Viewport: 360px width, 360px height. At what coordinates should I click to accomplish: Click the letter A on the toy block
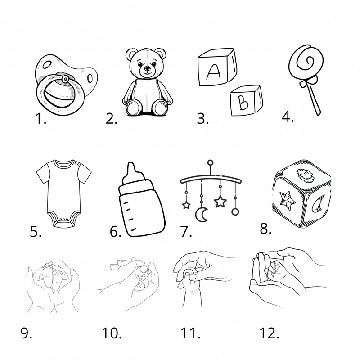213,72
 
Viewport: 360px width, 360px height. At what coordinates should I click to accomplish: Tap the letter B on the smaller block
243,103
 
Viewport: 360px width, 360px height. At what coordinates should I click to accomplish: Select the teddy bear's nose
147,68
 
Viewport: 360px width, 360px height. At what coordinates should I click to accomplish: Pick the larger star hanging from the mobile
220,201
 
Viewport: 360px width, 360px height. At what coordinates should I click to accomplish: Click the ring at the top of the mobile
210,163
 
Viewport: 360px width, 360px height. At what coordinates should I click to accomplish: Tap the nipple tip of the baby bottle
130,164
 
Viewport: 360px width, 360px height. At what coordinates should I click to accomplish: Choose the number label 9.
26,333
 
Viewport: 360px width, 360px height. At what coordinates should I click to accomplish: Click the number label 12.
269,333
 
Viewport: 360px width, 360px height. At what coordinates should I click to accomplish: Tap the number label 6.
116,231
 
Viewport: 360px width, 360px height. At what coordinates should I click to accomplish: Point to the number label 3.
203,118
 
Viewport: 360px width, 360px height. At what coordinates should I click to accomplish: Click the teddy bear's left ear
131,54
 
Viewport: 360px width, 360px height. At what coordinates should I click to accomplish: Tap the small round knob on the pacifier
65,79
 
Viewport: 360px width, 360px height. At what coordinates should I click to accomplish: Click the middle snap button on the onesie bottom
63,220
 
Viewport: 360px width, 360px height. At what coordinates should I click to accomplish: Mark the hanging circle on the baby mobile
235,211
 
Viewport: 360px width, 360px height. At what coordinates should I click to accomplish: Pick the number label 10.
112,333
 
